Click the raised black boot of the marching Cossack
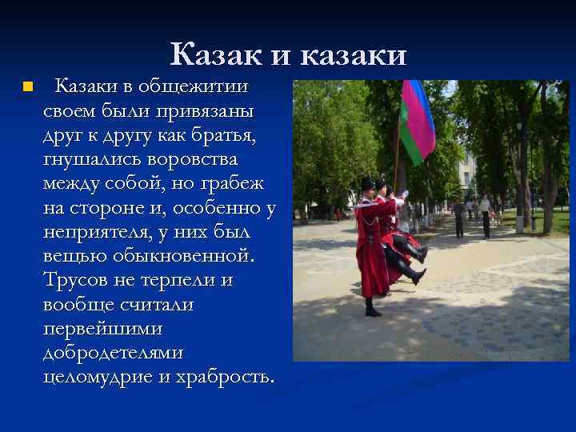pos(417,275)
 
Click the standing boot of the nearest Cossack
pos(372,309)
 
